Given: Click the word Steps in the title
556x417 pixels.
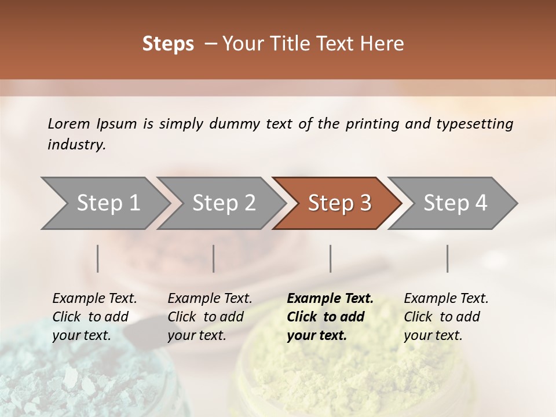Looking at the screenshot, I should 168,44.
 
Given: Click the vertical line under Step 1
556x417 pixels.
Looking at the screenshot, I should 98,258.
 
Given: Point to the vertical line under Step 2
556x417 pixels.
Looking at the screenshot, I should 214,258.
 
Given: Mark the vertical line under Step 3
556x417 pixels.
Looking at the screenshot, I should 330,258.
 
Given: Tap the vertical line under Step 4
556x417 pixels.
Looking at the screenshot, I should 447,258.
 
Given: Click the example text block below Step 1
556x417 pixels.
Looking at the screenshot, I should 94,317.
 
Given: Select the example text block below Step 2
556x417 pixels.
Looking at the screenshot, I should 210,317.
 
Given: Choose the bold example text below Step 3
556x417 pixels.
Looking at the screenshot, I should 330,317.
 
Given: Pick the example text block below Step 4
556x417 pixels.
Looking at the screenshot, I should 446,317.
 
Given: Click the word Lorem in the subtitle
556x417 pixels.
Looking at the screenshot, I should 69,123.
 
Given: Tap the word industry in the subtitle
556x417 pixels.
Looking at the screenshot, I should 76,144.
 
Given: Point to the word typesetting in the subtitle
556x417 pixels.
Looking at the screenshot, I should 474,123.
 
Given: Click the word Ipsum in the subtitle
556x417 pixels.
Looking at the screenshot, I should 117,124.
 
